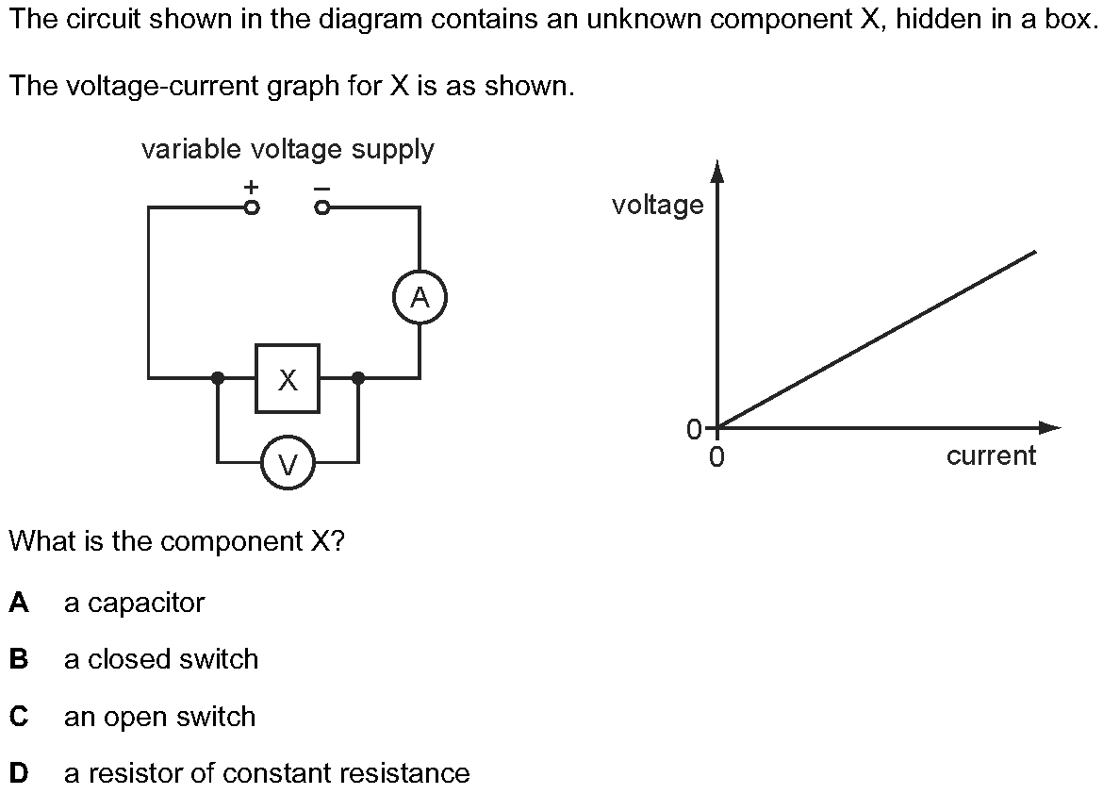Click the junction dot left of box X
coord(218,378)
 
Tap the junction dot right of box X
coord(358,378)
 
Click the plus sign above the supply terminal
coord(251,187)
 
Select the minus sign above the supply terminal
coord(321,189)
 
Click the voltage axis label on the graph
coord(658,205)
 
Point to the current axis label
coord(991,455)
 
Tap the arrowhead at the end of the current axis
coord(1049,427)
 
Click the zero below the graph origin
coord(716,457)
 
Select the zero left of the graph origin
coord(695,429)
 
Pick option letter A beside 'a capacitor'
coord(19,602)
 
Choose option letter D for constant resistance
coord(19,773)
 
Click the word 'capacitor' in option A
coord(146,603)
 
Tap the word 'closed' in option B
coord(129,659)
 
